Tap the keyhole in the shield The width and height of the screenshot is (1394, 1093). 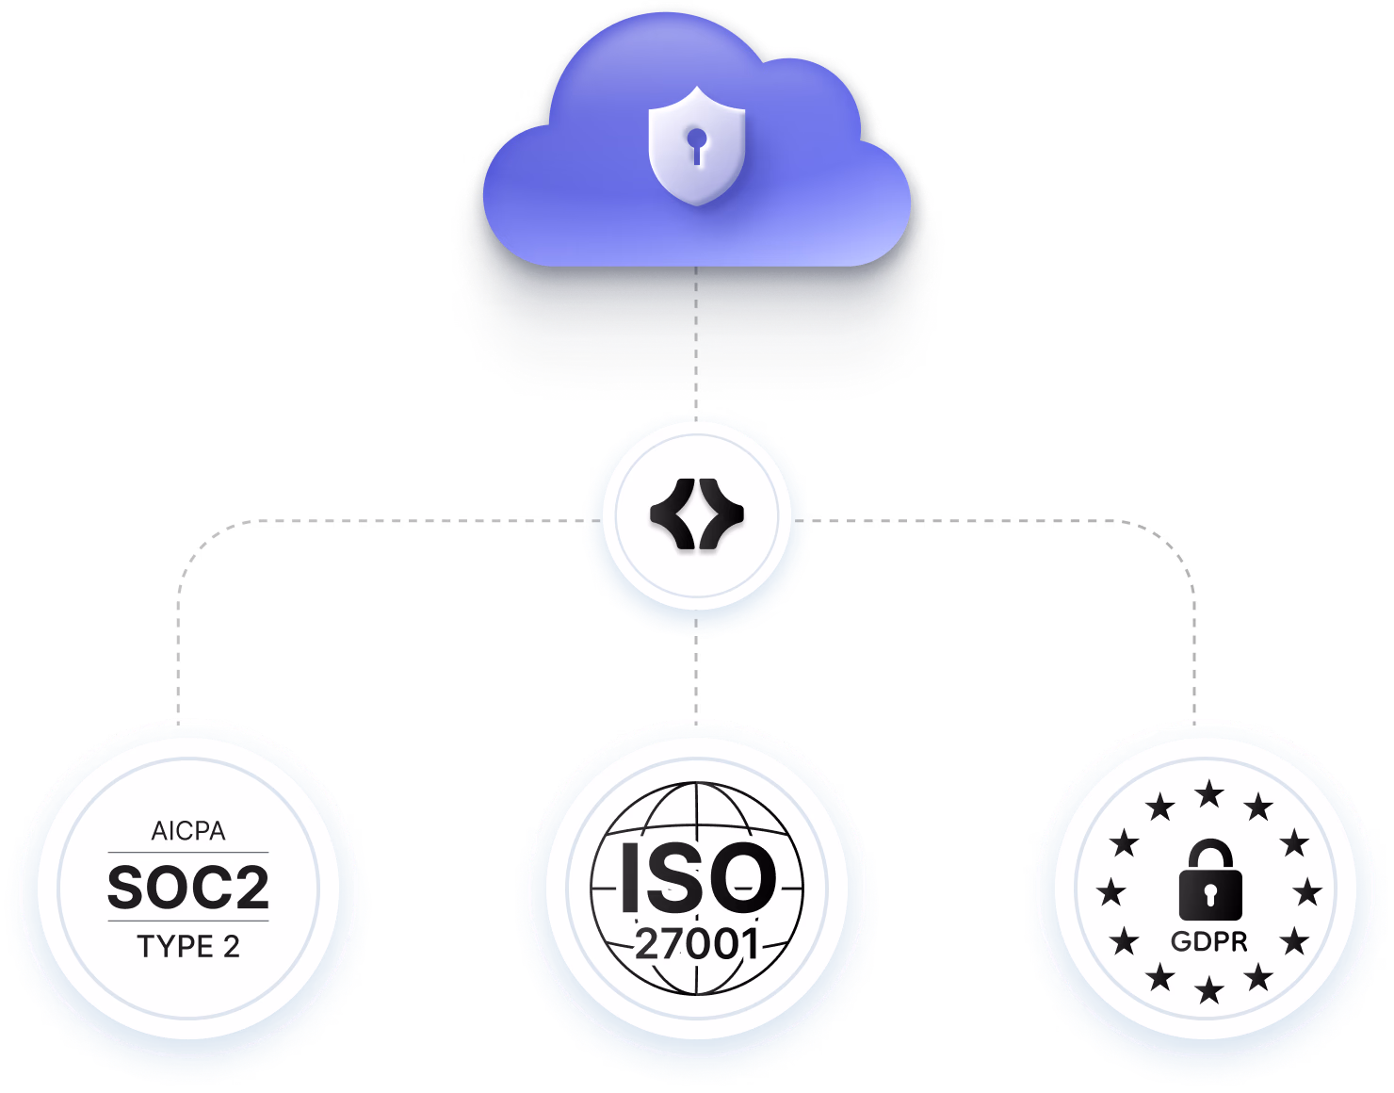697,146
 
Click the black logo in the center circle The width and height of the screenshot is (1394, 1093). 697,514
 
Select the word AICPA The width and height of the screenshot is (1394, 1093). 188,831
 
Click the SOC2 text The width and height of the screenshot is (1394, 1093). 188,888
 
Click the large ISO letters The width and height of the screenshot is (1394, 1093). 698,877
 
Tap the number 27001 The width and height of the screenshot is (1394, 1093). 697,944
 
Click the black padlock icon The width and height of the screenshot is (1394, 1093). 1210,879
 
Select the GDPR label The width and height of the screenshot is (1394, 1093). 1209,942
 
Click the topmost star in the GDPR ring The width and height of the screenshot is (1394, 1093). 1210,794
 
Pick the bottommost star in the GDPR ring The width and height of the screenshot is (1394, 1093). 1210,990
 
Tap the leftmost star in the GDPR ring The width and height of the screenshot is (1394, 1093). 1111,892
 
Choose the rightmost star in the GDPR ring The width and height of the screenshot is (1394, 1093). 1308,892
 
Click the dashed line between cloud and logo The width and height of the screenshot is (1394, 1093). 696,343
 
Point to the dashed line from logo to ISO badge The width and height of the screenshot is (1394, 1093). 696,671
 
